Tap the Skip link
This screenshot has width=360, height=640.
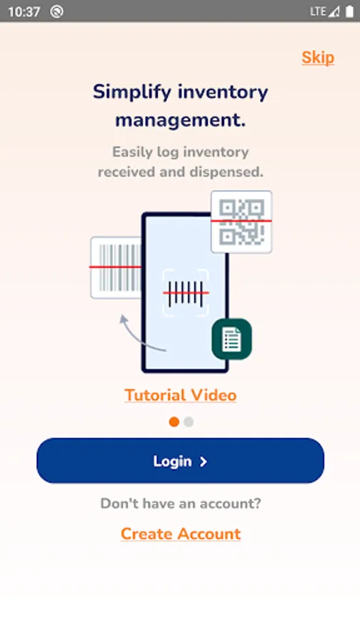[x=318, y=58]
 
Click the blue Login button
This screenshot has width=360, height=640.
[x=181, y=461]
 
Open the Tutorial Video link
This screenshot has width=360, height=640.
[x=181, y=395]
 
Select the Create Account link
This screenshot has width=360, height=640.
[x=181, y=534]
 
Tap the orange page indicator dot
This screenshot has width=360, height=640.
[x=174, y=422]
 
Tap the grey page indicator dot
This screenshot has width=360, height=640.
[x=189, y=422]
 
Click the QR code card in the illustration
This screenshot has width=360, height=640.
[x=241, y=222]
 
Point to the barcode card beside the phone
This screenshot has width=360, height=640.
[x=116, y=267]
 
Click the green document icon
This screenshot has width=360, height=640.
[x=231, y=339]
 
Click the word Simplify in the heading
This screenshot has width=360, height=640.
[x=132, y=92]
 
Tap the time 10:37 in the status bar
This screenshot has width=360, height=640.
[x=24, y=12]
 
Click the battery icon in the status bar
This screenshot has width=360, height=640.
[x=349, y=11]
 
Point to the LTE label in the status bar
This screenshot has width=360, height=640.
[x=318, y=11]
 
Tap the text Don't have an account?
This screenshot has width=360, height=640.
[x=181, y=503]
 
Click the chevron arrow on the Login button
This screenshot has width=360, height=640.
[x=203, y=462]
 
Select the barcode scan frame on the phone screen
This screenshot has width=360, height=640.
[x=186, y=293]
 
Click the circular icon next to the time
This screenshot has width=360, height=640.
[x=57, y=12]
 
